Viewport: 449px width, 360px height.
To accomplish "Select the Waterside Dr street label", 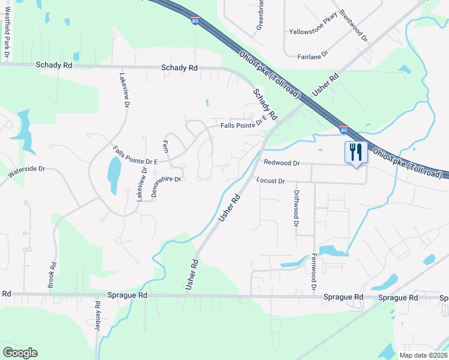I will pyautogui.click(x=26, y=172).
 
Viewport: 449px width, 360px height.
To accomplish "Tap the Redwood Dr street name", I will pyautogui.click(x=281, y=163).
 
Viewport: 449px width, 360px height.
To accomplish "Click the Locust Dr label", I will pyautogui.click(x=270, y=181).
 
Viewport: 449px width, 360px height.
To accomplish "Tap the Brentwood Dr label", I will pyautogui.click(x=353, y=23).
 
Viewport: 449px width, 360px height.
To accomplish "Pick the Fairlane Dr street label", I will pyautogui.click(x=312, y=55).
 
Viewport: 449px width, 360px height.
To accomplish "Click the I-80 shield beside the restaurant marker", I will pyautogui.click(x=343, y=129).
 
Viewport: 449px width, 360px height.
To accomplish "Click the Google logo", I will pyautogui.click(x=20, y=352).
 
